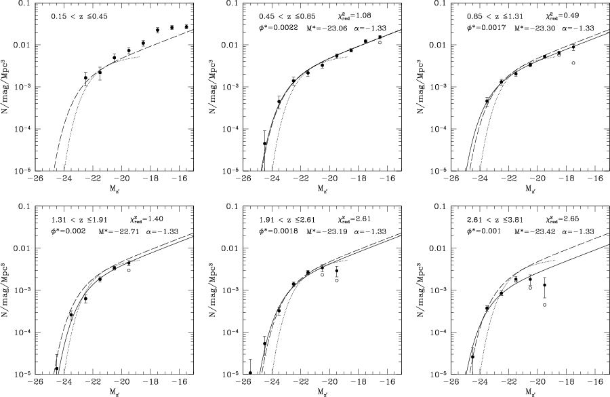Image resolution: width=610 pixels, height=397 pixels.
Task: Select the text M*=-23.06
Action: (327, 29)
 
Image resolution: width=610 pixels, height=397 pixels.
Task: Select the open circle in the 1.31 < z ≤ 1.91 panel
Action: (129, 270)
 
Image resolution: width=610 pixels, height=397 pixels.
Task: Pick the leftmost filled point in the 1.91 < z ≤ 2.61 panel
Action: (250, 373)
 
